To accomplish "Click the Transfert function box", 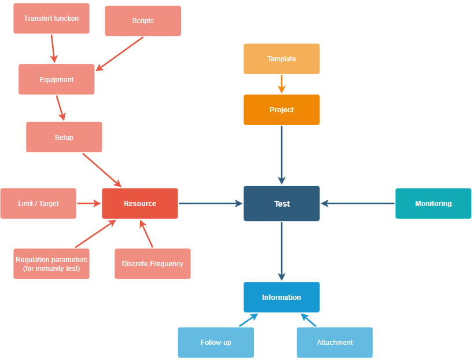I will point(51,18).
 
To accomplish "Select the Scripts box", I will point(143,21).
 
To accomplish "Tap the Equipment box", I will point(56,79).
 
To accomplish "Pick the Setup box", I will point(64,137).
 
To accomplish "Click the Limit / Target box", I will point(38,203).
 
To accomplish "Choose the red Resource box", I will point(140,203).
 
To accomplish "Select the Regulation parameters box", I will point(51,264).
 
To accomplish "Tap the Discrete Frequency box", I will point(152,264).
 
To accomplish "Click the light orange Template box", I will point(282,59).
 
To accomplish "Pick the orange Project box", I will point(282,110).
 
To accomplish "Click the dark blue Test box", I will point(282,203).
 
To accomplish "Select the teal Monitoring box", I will point(433,203).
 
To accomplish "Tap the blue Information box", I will point(282,297).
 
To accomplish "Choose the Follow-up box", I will point(216,342).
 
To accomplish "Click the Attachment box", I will point(335,342).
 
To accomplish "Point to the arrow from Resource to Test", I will point(210,203).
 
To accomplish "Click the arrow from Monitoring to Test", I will point(358,203).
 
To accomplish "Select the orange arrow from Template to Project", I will point(282,84).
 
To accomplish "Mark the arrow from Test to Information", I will point(282,251).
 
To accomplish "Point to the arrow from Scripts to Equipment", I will point(120,54).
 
